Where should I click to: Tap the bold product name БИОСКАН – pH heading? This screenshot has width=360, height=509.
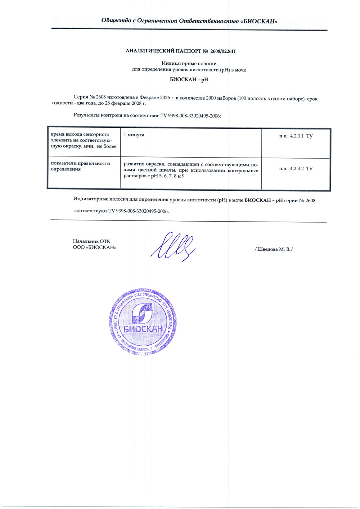(189, 79)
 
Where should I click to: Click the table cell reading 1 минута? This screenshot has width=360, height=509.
(134, 135)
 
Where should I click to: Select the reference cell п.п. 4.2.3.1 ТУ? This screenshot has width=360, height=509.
(296, 136)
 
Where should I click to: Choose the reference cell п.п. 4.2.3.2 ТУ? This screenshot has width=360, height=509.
(296, 168)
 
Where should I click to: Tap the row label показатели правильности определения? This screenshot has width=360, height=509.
(80, 166)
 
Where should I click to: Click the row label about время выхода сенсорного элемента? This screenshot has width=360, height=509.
(84, 140)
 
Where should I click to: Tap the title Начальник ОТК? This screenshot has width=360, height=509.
(91, 241)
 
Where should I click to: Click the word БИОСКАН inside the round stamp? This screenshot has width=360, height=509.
(143, 329)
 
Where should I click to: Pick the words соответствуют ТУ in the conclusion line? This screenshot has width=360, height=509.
(94, 211)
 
